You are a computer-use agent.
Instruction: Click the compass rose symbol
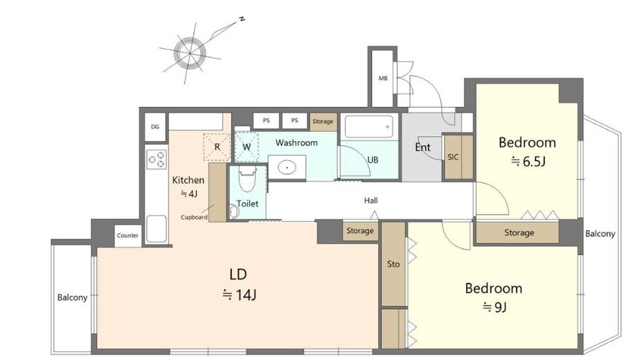tap(190, 52)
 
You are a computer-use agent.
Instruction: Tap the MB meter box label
tap(383, 79)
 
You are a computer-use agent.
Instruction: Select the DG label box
tap(155, 127)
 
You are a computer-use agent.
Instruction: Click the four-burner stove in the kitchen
tap(157, 159)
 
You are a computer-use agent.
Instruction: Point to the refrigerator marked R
tap(217, 147)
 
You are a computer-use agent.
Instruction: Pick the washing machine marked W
tap(247, 147)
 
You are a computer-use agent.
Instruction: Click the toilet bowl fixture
tap(247, 179)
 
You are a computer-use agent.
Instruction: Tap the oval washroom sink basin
tap(287, 167)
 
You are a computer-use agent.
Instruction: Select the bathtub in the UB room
tap(369, 126)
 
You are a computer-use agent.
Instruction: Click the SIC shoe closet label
tap(453, 157)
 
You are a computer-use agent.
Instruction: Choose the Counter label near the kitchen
tap(128, 235)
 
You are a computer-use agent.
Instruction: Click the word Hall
tap(371, 201)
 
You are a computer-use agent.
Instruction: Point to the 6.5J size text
tap(528, 162)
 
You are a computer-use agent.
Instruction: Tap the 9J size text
tap(495, 307)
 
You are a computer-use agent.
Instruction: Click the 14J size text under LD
tap(239, 295)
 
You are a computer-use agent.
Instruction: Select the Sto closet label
tap(393, 264)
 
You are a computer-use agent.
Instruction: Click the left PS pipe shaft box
tap(266, 120)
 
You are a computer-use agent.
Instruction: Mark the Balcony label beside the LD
tap(72, 298)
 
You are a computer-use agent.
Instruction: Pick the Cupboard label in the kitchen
tap(194, 218)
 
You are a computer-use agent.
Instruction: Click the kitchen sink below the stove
tap(157, 229)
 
